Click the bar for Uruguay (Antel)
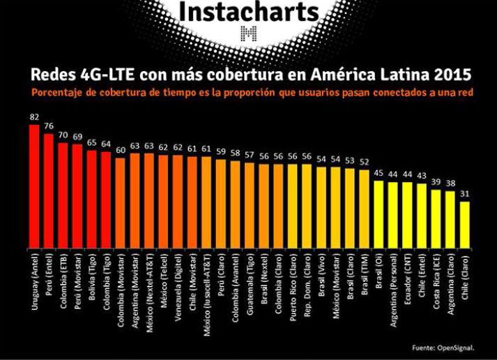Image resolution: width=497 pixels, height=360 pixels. point(34,186)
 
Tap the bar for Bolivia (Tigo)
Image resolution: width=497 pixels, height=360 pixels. point(92,198)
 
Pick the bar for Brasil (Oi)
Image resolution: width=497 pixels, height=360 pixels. point(379,213)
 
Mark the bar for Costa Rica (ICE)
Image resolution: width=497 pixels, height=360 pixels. point(436,217)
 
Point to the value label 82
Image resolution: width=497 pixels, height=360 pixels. point(34,118)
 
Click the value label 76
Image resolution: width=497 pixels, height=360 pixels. point(49,126)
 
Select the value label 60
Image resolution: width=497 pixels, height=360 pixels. point(121,150)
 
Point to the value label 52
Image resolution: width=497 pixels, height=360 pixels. point(364,162)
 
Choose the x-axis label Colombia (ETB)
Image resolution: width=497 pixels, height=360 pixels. point(63,279)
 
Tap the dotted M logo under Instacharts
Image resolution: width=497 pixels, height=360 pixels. point(248,33)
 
